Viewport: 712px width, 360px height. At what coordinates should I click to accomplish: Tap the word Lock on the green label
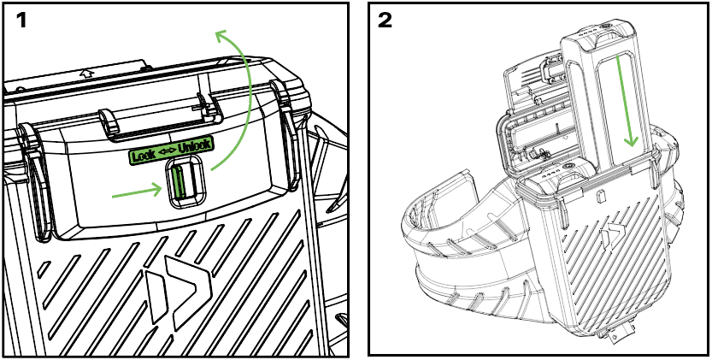coord(143,156)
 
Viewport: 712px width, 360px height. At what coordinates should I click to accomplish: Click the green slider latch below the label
coord(179,181)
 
